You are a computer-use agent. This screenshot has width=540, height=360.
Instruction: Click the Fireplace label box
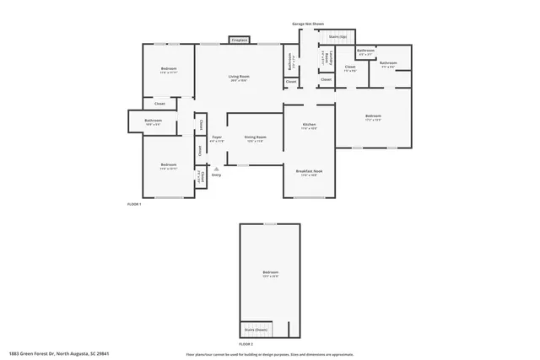tap(239, 40)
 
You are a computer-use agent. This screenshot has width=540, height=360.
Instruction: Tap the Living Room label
tap(239, 77)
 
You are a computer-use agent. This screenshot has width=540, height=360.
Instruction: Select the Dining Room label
tap(256, 137)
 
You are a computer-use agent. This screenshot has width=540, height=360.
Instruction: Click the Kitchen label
tap(309, 125)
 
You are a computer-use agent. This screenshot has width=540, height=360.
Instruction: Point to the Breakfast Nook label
tap(309, 171)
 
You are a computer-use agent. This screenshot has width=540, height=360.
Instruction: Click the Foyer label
tap(216, 137)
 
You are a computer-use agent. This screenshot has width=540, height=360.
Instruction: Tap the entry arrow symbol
tap(216, 169)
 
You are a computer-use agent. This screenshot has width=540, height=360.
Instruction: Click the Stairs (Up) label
tap(337, 37)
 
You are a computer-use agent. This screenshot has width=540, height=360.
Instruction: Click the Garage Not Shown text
tap(307, 24)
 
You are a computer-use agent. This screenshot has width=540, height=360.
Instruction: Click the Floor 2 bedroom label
tap(270, 272)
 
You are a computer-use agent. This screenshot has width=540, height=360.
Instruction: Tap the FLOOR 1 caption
tap(134, 204)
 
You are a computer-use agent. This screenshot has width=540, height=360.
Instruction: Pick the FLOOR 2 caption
tap(246, 344)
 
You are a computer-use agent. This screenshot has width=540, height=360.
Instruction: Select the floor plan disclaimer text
tap(270, 354)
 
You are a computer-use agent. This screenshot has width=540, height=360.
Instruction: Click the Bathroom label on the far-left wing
tap(153, 121)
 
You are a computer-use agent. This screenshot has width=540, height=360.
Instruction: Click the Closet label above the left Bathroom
tap(159, 104)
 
